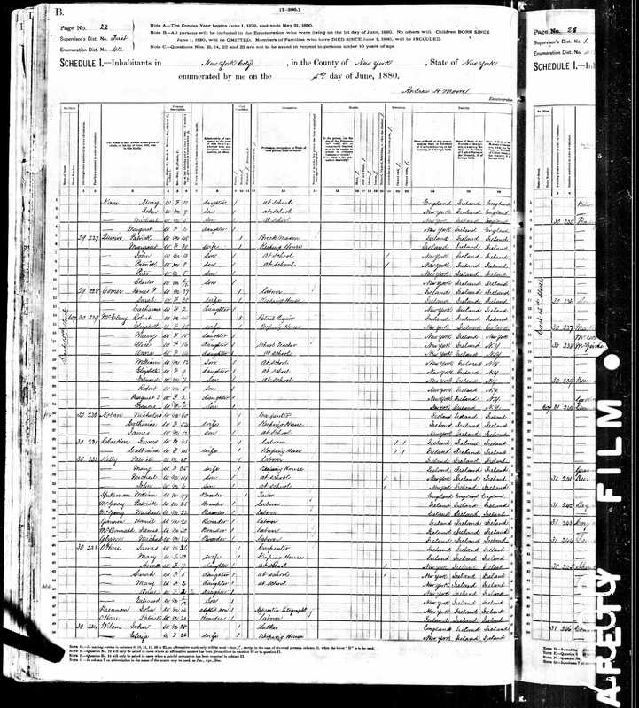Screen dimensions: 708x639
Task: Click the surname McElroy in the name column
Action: pos(111,314)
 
